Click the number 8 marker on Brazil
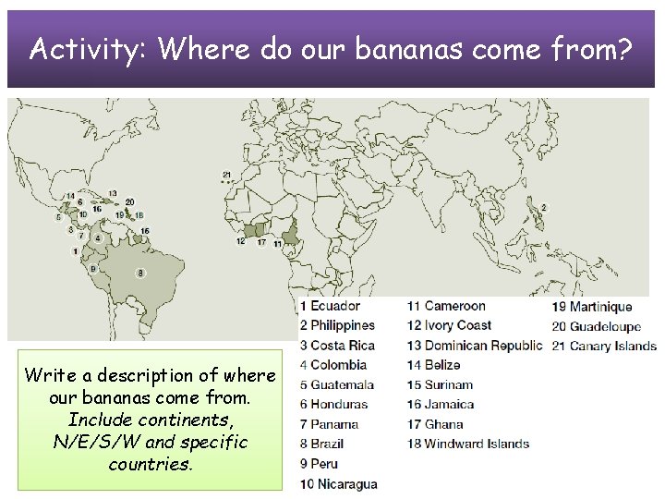pos(139,273)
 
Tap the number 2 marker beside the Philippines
pos(544,207)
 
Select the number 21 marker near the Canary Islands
pos(227,175)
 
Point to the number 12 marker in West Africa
pos(240,241)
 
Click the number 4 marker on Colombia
pos(98,237)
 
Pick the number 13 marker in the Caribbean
pos(113,194)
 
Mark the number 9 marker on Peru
pos(92,268)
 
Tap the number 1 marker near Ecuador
pos(74,250)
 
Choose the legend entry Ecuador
pos(335,306)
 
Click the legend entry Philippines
pos(343,325)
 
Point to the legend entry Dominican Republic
pos(483,346)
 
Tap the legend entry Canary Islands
pos(612,347)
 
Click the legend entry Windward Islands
pos(477,444)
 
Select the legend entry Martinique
pos(600,307)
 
